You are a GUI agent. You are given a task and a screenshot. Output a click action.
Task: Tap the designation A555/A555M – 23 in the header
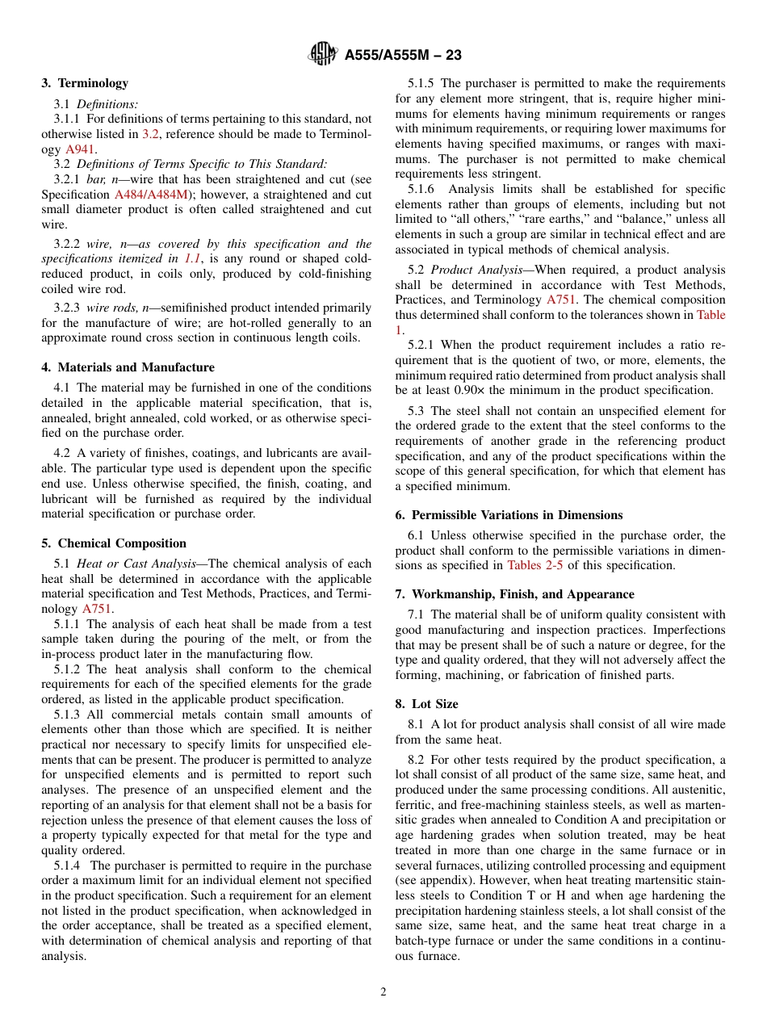403,56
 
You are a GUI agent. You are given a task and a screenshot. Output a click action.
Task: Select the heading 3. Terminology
85,83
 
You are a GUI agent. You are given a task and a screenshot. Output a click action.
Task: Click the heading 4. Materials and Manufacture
128,367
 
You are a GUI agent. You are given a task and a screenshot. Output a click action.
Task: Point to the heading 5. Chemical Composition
114,543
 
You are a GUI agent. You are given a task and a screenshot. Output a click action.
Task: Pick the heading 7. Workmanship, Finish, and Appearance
514,594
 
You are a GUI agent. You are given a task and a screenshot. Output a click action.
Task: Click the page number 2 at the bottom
383,992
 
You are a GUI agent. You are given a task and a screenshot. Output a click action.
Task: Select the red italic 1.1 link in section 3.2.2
192,258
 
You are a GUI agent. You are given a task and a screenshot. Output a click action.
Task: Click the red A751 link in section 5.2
560,300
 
